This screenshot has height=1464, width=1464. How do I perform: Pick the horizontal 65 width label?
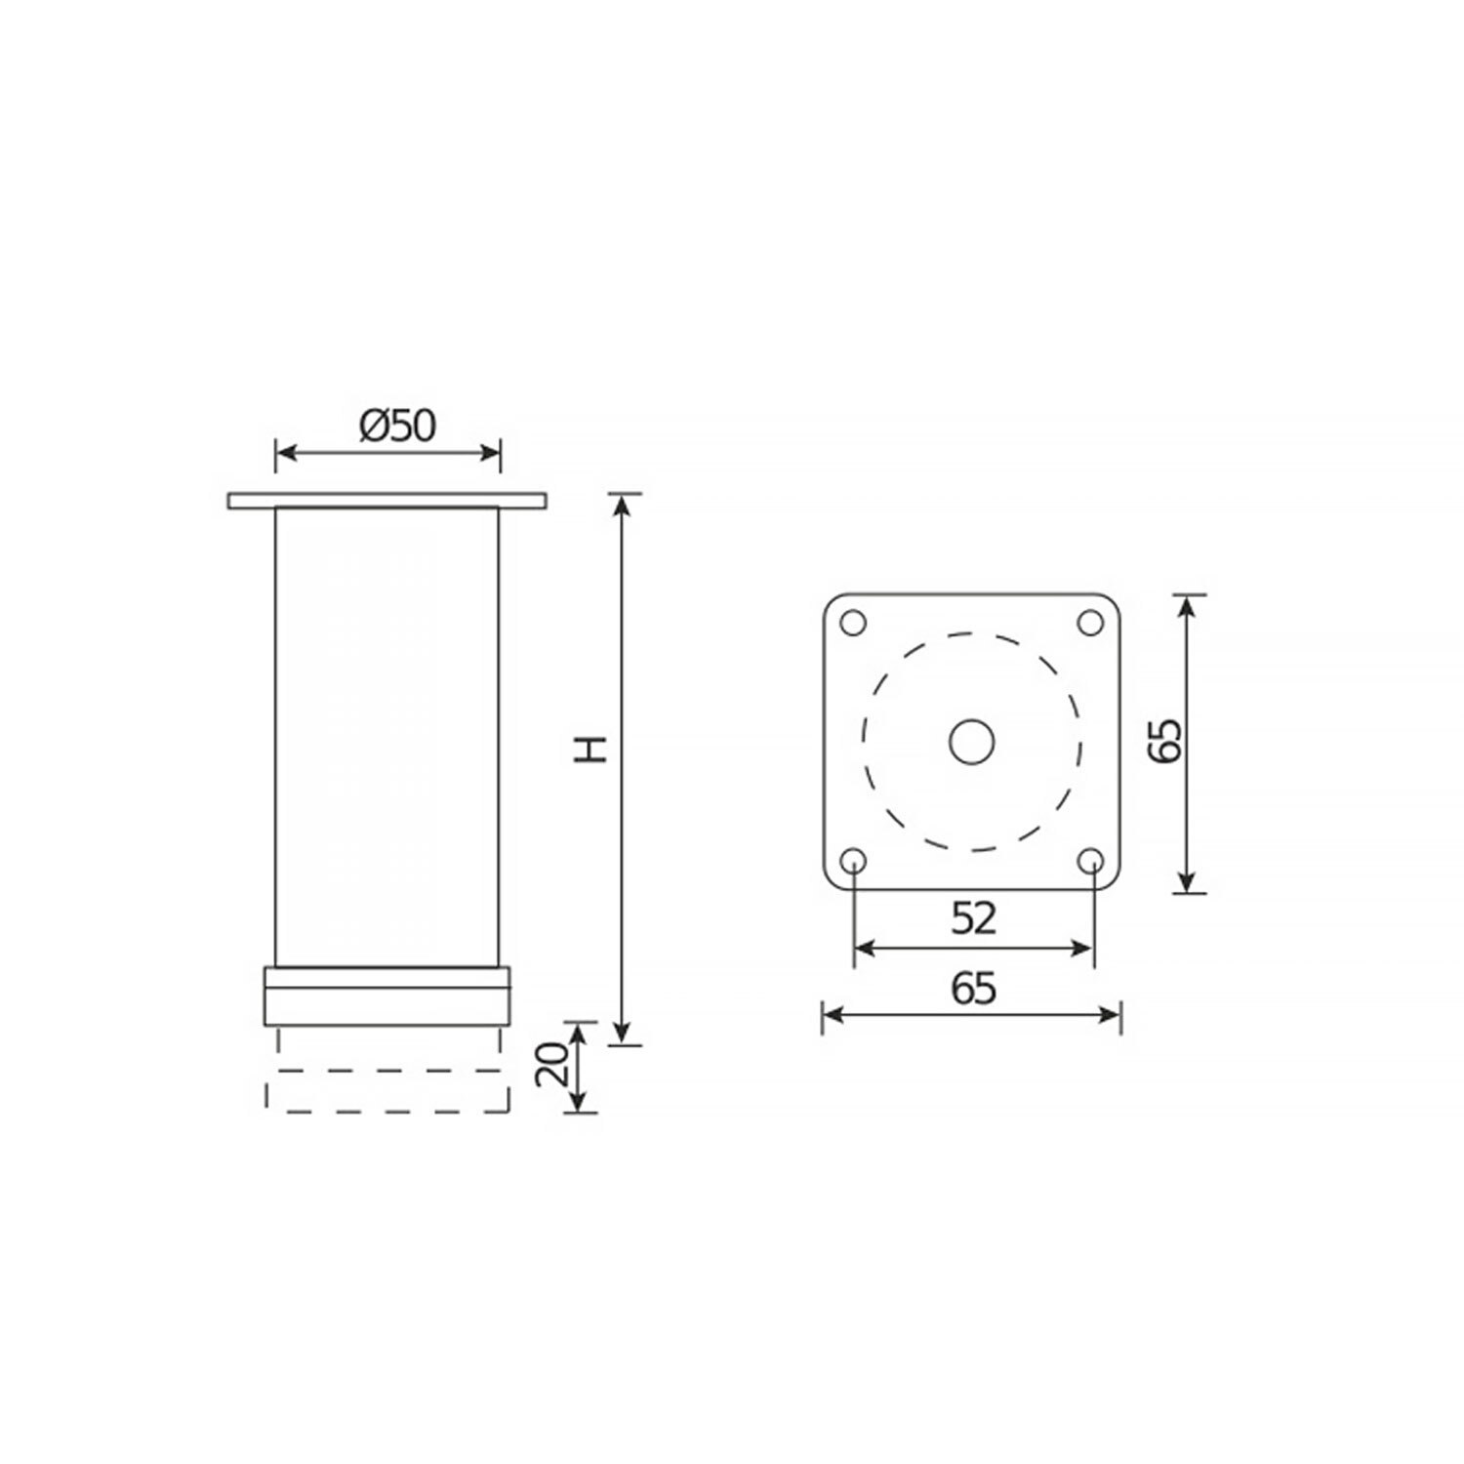tap(973, 989)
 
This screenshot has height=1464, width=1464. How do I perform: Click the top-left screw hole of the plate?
tap(853, 622)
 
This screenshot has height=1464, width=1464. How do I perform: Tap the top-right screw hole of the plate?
tap(1092, 622)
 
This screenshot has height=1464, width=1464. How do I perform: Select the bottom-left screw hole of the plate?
tap(853, 860)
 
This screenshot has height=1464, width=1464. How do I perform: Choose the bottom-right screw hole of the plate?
tap(1092, 860)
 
